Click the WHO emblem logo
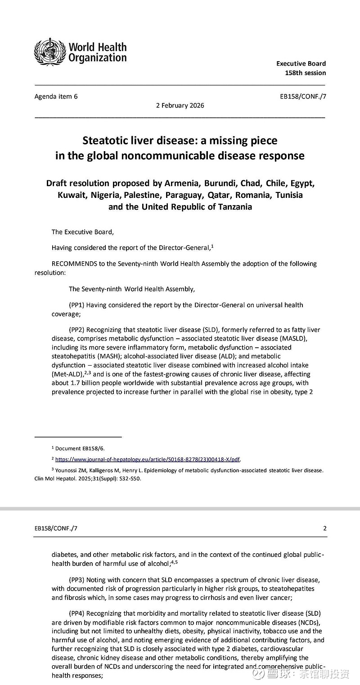50,52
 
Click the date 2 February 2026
180,106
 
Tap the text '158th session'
305,73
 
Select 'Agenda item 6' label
56,96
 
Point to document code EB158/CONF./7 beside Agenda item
302,96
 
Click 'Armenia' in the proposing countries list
183,184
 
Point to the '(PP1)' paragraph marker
76,305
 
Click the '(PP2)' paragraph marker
76,330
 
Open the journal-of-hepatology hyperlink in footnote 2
147,459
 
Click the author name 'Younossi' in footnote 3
67,470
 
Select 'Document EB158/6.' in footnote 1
80,448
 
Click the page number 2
325,528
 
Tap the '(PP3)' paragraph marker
76,580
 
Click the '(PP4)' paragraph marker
76,613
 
